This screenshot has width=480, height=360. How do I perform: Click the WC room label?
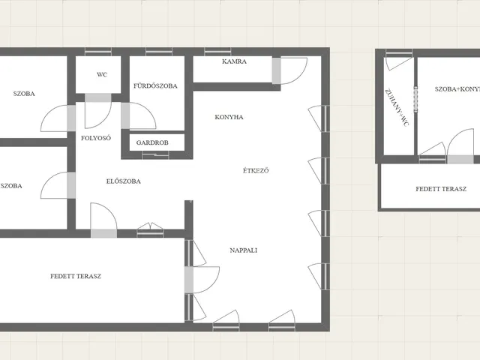(x=102, y=75)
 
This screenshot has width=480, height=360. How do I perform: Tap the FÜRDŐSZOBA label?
(x=155, y=86)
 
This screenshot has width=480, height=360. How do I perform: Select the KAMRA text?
(x=234, y=61)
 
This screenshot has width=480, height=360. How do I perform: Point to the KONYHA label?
(x=229, y=117)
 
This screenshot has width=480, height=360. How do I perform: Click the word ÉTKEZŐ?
(x=256, y=170)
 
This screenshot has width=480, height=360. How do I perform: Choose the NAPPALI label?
(x=243, y=250)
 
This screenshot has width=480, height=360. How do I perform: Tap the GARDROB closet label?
(x=152, y=142)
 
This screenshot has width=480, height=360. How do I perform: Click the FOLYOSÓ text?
(x=96, y=138)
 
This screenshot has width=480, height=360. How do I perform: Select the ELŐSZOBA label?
(x=123, y=181)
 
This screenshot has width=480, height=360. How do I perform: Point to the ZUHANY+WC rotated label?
(x=397, y=107)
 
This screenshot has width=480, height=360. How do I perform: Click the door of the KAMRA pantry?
(x=289, y=70)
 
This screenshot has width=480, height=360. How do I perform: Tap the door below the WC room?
(x=98, y=111)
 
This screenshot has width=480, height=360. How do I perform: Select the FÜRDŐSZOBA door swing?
(x=138, y=115)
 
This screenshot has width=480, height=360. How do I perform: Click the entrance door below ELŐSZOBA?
(x=103, y=220)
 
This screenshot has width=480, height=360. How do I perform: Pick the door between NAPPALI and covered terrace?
(x=202, y=280)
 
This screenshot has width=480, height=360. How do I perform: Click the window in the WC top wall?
(x=98, y=52)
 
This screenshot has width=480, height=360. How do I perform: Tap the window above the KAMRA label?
(x=217, y=52)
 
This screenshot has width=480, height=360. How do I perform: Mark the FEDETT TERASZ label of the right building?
(x=441, y=189)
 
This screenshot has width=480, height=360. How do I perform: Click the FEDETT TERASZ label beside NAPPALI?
(x=76, y=276)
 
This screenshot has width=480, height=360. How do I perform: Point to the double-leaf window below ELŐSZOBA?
(x=150, y=230)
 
